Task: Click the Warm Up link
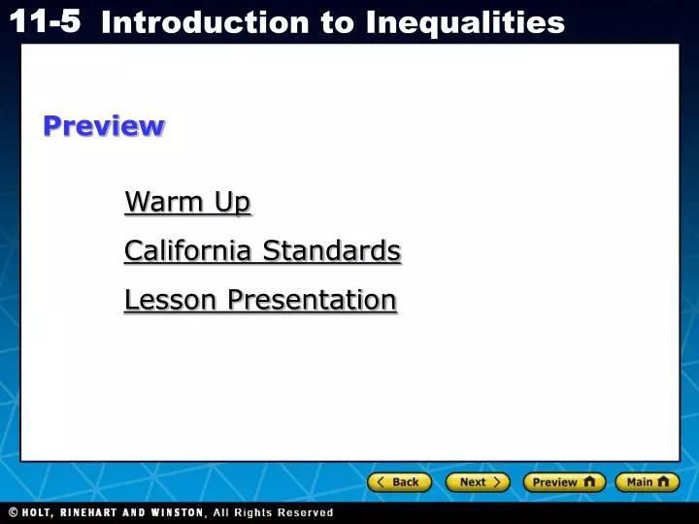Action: pyautogui.click(x=187, y=202)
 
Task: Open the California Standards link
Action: pyautogui.click(x=262, y=251)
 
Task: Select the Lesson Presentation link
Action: pyautogui.click(x=260, y=301)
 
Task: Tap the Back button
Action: pyautogui.click(x=399, y=482)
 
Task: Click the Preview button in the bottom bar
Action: pyautogui.click(x=563, y=482)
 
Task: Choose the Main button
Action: pyautogui.click(x=647, y=482)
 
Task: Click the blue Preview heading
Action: pyautogui.click(x=103, y=126)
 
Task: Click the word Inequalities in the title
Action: pyautogui.click(x=465, y=22)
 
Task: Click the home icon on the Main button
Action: pyautogui.click(x=663, y=481)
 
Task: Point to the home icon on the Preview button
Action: pyautogui.click(x=589, y=481)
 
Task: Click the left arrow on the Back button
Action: pyautogui.click(x=382, y=482)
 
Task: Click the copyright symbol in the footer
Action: pyautogui.click(x=14, y=512)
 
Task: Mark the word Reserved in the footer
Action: pyautogui.click(x=305, y=512)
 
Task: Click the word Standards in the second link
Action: pyautogui.click(x=332, y=251)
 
